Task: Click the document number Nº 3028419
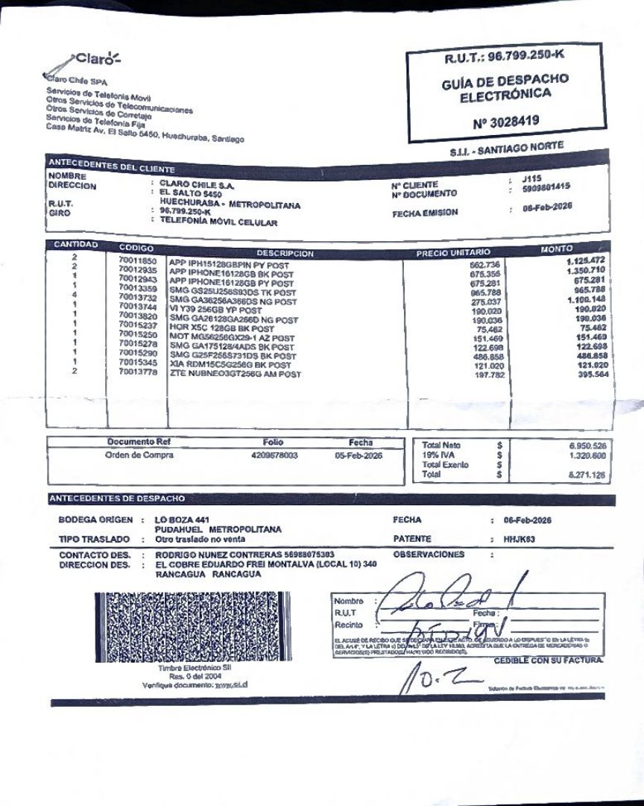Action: [x=506, y=120]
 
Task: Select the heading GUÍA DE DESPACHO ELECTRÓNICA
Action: [x=505, y=87]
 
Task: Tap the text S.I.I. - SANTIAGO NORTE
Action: [x=506, y=149]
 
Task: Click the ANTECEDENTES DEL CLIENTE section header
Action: [x=112, y=166]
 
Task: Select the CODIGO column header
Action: [x=136, y=248]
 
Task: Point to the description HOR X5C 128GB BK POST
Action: [x=221, y=328]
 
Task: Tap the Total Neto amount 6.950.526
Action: [x=585, y=446]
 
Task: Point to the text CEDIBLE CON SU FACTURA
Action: [x=549, y=660]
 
